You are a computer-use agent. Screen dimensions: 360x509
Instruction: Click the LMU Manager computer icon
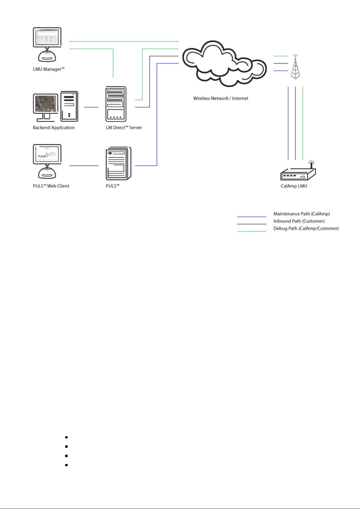tap(47, 45)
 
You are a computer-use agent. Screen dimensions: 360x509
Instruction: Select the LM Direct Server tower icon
tap(116, 104)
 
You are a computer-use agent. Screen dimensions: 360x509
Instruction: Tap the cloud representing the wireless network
tap(224, 64)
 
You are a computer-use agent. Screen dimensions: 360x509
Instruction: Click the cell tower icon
tap(295, 67)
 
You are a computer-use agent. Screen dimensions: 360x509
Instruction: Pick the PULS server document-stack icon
tap(118, 163)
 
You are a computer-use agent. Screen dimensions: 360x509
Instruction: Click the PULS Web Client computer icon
tap(47, 161)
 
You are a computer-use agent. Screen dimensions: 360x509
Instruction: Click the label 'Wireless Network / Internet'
tap(221, 98)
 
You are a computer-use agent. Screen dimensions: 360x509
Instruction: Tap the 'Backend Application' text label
tap(54, 128)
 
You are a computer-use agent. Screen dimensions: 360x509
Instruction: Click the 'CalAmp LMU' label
tap(294, 186)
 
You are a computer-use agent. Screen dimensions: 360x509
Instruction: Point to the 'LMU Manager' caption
tap(49, 69)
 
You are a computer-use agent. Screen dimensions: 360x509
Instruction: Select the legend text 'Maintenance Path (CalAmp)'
tap(301, 214)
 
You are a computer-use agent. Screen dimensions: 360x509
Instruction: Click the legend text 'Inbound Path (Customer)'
tap(299, 221)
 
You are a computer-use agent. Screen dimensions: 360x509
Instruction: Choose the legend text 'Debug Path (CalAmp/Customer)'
tap(306, 228)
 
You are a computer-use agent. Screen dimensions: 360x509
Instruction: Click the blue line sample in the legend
tap(252, 217)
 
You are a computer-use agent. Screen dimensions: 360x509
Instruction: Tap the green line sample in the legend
tap(252, 231)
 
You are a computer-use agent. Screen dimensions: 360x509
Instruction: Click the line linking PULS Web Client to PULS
tap(84, 166)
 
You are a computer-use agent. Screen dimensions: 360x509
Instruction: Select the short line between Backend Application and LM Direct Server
tap(91, 107)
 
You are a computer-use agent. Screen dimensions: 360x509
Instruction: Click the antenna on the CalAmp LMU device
tap(311, 164)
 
